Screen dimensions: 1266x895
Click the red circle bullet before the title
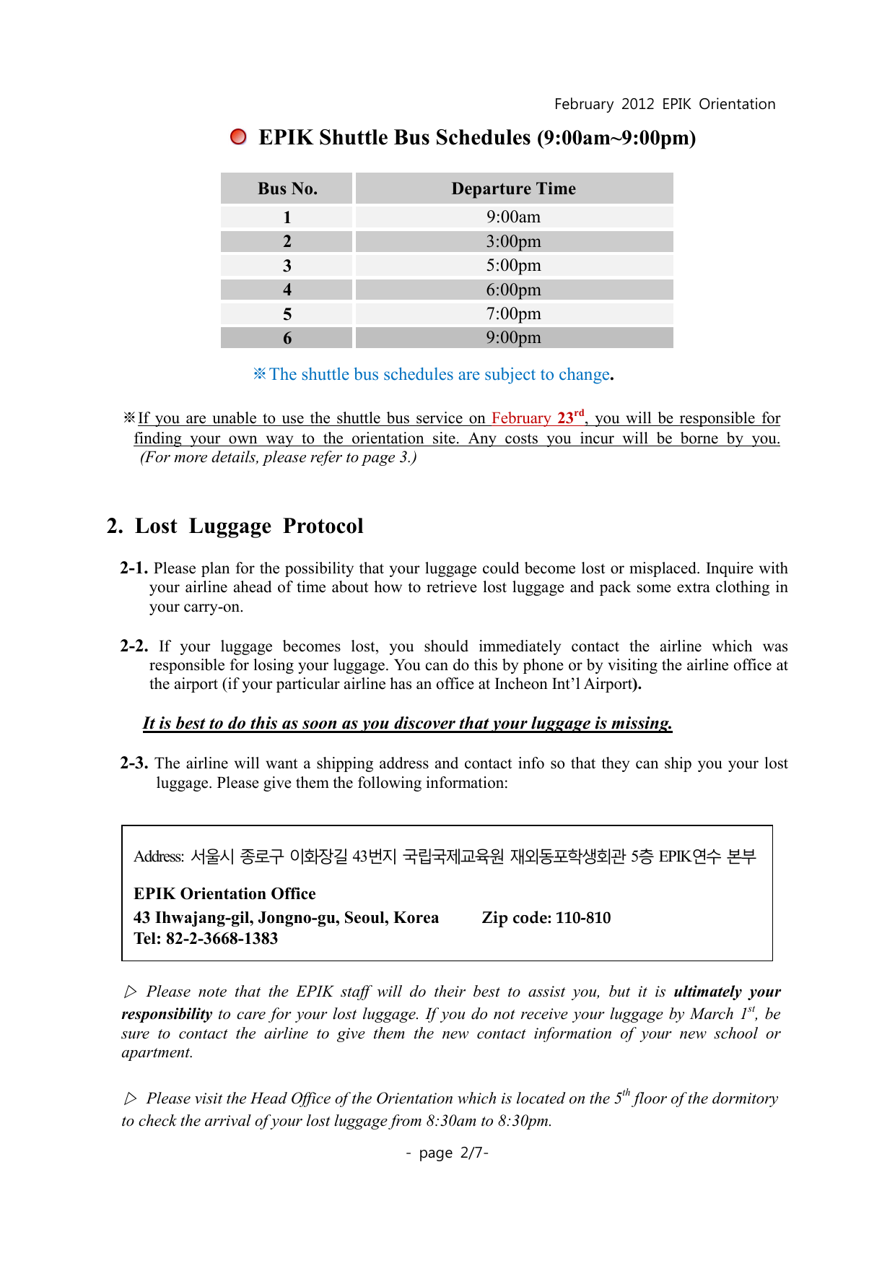(238, 137)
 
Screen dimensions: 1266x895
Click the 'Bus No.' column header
(287, 188)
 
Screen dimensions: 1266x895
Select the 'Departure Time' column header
(513, 188)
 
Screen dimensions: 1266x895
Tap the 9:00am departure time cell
(513, 217)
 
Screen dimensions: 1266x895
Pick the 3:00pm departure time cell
(513, 241)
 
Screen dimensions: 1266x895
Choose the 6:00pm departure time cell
(513, 290)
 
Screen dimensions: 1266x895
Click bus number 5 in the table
(287, 314)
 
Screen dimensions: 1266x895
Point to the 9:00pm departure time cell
(513, 337)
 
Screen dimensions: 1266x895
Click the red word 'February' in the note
(521, 418)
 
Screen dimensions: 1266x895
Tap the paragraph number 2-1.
(134, 568)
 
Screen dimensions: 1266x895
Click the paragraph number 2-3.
(134, 763)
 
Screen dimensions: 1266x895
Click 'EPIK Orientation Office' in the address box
(224, 894)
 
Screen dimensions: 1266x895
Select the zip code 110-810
(583, 918)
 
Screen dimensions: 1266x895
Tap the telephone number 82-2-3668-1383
(222, 939)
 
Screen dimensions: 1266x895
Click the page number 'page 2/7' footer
(447, 1153)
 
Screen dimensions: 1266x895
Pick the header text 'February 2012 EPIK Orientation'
(665, 104)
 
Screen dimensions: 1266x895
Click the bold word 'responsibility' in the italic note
(167, 1014)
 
